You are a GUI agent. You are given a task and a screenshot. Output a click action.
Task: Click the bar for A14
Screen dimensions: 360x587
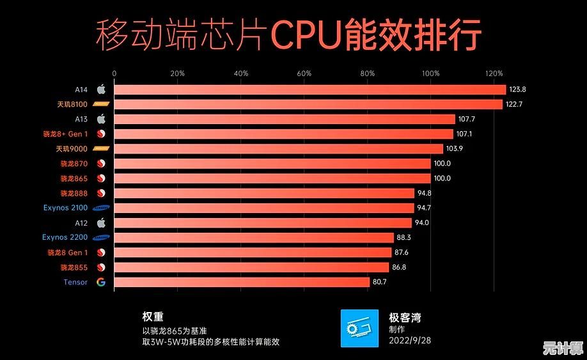(309, 90)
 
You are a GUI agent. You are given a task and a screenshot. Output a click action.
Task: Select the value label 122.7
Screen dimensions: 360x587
(514, 104)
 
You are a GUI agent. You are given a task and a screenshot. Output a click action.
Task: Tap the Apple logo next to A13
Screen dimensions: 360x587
(100, 119)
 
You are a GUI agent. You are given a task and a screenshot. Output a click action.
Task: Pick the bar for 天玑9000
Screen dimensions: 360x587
(278, 148)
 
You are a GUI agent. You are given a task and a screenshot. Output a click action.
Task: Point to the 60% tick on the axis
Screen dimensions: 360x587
(304, 74)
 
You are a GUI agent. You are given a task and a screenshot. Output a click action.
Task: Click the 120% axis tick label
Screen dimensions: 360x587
(494, 74)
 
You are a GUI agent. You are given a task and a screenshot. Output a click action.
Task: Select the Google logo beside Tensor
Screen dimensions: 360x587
(100, 282)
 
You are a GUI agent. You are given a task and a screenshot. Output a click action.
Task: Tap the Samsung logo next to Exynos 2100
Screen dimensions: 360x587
(100, 208)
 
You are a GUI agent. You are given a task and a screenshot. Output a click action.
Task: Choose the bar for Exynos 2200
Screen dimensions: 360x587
(254, 237)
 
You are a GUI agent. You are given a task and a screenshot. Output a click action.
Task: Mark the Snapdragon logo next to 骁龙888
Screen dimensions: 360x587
(100, 193)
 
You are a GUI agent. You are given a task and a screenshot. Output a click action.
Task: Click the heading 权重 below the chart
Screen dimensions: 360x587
(153, 317)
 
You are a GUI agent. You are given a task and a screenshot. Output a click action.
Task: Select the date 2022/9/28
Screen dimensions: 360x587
(410, 340)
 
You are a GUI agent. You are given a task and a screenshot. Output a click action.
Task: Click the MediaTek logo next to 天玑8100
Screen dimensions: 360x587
(100, 104)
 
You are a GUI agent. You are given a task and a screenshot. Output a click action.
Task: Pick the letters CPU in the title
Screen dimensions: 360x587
(308, 35)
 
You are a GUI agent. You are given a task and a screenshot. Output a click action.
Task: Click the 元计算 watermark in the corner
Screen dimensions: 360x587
(563, 348)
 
